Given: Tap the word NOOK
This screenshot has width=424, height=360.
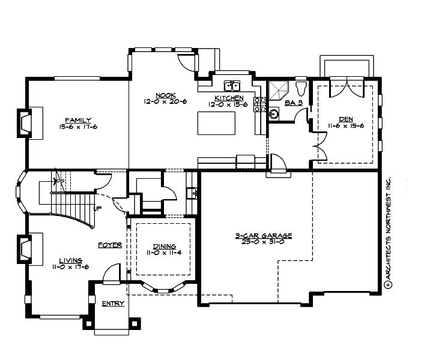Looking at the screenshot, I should click(x=165, y=95).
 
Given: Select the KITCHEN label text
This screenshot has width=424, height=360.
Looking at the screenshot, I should click(x=229, y=98).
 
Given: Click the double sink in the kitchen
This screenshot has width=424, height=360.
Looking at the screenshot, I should click(x=231, y=85).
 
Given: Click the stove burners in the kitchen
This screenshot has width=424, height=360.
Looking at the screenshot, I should click(x=260, y=105).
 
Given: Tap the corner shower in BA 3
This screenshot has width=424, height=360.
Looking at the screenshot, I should click(x=278, y=90).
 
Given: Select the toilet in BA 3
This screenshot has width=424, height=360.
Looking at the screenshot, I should click(x=301, y=88).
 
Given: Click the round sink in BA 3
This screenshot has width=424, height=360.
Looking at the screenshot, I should click(x=274, y=113).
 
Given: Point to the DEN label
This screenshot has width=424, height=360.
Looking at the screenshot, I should click(x=345, y=119).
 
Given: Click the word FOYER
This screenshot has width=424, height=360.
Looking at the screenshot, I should click(x=110, y=245).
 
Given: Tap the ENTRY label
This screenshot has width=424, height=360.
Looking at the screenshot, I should click(x=112, y=304).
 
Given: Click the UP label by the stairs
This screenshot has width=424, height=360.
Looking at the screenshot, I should click(x=97, y=209).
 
